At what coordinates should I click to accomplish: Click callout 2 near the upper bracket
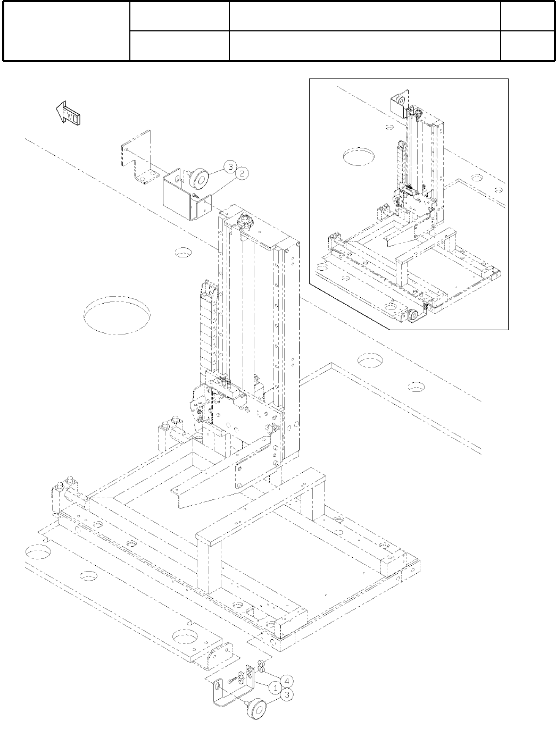point(242,173)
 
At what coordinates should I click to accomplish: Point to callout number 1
point(275,688)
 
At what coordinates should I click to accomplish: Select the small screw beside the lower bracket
point(233,681)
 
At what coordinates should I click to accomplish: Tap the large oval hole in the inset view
point(359,156)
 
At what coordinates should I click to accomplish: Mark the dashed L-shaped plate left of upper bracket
point(137,157)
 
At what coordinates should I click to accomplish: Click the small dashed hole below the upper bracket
point(183,253)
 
